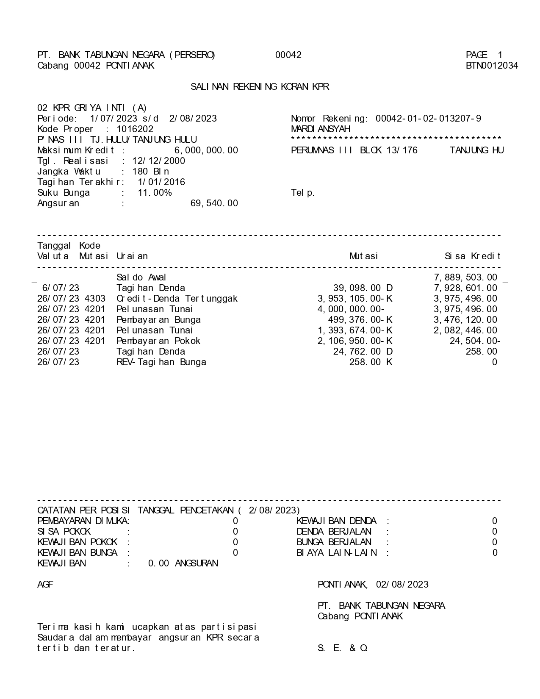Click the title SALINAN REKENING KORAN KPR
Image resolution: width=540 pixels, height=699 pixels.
click(260, 87)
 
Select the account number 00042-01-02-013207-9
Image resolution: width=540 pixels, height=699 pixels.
click(428, 119)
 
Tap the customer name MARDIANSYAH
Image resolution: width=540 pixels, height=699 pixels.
click(321, 129)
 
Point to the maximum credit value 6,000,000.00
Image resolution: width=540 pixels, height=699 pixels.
click(206, 150)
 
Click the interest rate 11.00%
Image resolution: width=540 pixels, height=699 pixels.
click(155, 193)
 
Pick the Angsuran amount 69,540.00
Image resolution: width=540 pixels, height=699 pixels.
click(214, 203)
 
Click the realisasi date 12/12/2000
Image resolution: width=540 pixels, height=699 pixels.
click(159, 161)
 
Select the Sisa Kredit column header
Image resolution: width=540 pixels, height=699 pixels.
click(473, 256)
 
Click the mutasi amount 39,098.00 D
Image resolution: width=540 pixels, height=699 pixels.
click(363, 288)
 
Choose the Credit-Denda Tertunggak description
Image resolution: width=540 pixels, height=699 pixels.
click(177, 299)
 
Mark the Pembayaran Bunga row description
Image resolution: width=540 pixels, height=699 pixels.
click(158, 320)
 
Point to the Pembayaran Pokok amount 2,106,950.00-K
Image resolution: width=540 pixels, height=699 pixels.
click(355, 341)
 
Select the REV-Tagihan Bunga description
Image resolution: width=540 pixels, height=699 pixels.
click(161, 362)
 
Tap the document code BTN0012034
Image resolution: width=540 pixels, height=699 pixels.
click(492, 66)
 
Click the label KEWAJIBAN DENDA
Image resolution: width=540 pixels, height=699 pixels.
click(336, 521)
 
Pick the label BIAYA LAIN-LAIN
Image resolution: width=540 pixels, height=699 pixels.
click(337, 553)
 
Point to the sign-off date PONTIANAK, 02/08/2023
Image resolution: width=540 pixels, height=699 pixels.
click(373, 585)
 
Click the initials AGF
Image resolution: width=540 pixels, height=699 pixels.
click(45, 585)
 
